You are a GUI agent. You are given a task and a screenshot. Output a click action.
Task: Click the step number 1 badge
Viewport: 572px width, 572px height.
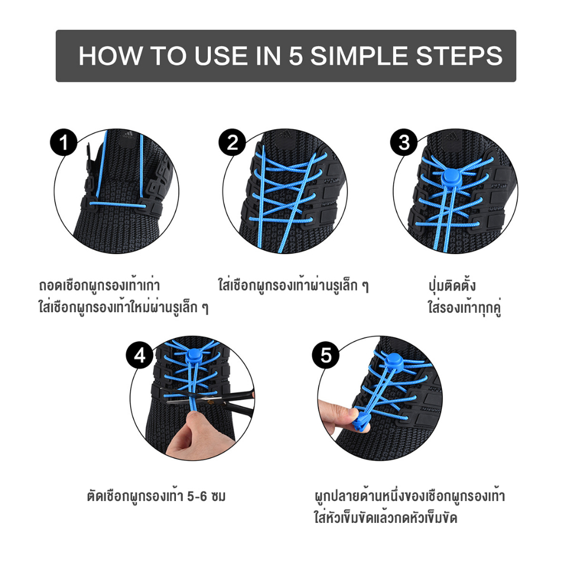click(x=64, y=142)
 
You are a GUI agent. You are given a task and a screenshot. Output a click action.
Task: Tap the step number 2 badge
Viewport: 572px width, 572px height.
click(x=233, y=142)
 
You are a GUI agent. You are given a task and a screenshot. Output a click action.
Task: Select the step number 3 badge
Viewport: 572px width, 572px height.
click(x=404, y=142)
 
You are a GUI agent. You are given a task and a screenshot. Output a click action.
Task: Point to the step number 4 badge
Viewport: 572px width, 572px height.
click(x=140, y=355)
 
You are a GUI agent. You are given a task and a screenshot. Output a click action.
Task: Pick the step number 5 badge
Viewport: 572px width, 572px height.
click(x=326, y=355)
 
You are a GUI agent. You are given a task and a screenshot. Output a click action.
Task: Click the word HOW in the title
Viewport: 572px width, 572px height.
click(x=111, y=56)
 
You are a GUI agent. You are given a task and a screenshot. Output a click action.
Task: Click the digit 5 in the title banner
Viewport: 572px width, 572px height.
click(x=296, y=56)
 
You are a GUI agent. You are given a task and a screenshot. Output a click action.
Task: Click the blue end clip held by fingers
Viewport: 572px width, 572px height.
click(x=361, y=422)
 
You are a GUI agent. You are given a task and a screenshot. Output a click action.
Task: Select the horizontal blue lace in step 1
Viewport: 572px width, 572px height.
click(x=117, y=204)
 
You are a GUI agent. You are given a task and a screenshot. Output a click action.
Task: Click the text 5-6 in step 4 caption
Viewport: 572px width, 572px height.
click(x=197, y=497)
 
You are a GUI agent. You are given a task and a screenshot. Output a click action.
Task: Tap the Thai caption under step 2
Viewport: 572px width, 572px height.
click(x=294, y=285)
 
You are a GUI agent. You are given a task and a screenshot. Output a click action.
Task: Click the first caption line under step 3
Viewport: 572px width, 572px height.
click(x=452, y=285)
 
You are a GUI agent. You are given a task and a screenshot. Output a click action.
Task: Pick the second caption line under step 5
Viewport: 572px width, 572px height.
click(x=385, y=518)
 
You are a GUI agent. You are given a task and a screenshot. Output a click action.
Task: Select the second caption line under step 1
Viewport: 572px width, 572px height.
click(x=123, y=307)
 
